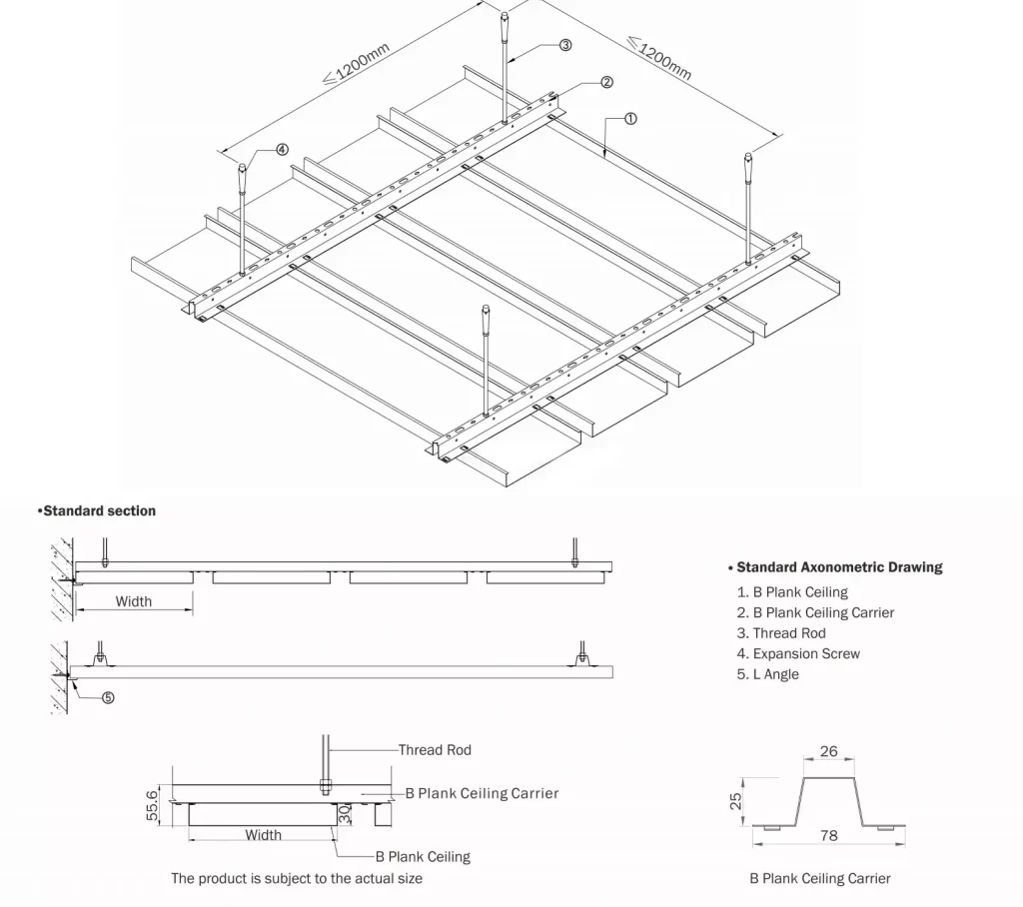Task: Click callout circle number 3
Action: (564, 45)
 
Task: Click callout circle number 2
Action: (606, 82)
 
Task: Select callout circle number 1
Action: (630, 118)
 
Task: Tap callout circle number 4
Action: (282, 149)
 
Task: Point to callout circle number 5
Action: (109, 697)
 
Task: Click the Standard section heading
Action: (97, 510)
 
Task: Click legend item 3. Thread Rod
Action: (781, 633)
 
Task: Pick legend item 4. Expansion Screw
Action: (798, 653)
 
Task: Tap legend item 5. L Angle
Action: (767, 674)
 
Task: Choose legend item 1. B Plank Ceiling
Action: (792, 592)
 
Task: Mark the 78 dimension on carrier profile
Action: (828, 835)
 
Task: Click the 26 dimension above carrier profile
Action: (828, 751)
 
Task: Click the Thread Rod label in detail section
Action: (435, 749)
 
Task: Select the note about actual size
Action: (297, 878)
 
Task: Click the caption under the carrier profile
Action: (820, 879)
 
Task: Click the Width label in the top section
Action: (134, 601)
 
